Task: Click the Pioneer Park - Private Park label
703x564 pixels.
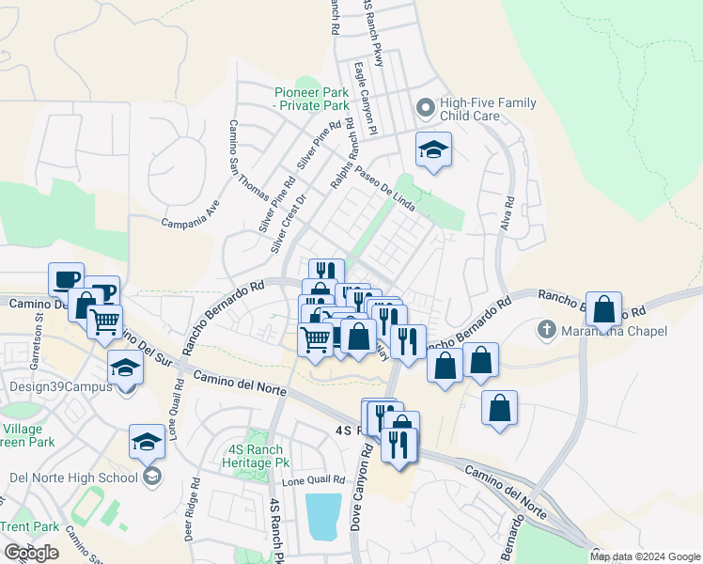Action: tap(312, 99)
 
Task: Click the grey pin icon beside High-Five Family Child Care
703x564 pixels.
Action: tap(426, 109)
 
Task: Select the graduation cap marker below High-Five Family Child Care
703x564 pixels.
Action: tap(433, 149)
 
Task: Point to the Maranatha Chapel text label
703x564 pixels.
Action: tap(614, 331)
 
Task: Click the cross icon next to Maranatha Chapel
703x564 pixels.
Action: tap(546, 330)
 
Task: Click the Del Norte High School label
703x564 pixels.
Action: tap(73, 478)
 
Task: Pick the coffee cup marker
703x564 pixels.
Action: tap(66, 279)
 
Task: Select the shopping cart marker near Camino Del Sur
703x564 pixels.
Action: tap(104, 321)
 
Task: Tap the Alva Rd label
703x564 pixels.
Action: tap(508, 215)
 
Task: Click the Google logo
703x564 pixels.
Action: tap(32, 553)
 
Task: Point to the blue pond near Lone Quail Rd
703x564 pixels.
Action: tap(323, 516)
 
